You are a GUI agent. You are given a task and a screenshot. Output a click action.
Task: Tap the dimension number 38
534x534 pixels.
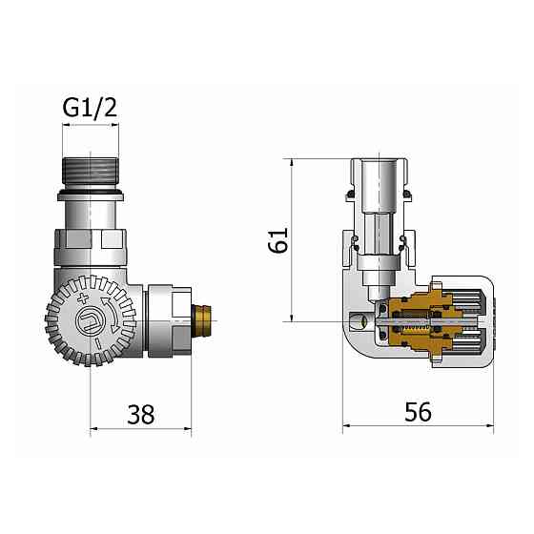pos(141,415)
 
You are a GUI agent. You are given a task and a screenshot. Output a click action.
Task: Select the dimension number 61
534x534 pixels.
pos(277,240)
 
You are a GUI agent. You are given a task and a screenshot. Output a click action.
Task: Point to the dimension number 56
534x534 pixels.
pos(418,411)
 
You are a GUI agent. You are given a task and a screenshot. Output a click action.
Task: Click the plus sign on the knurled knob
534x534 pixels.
pos(83,298)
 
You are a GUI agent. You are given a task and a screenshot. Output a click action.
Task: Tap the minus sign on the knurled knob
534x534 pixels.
pos(97,343)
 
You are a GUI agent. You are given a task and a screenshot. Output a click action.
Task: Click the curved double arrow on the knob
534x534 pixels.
pos(111,315)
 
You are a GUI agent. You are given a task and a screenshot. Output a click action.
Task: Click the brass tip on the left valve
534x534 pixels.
pos(201,321)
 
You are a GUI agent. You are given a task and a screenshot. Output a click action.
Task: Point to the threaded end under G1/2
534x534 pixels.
pos(91,172)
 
